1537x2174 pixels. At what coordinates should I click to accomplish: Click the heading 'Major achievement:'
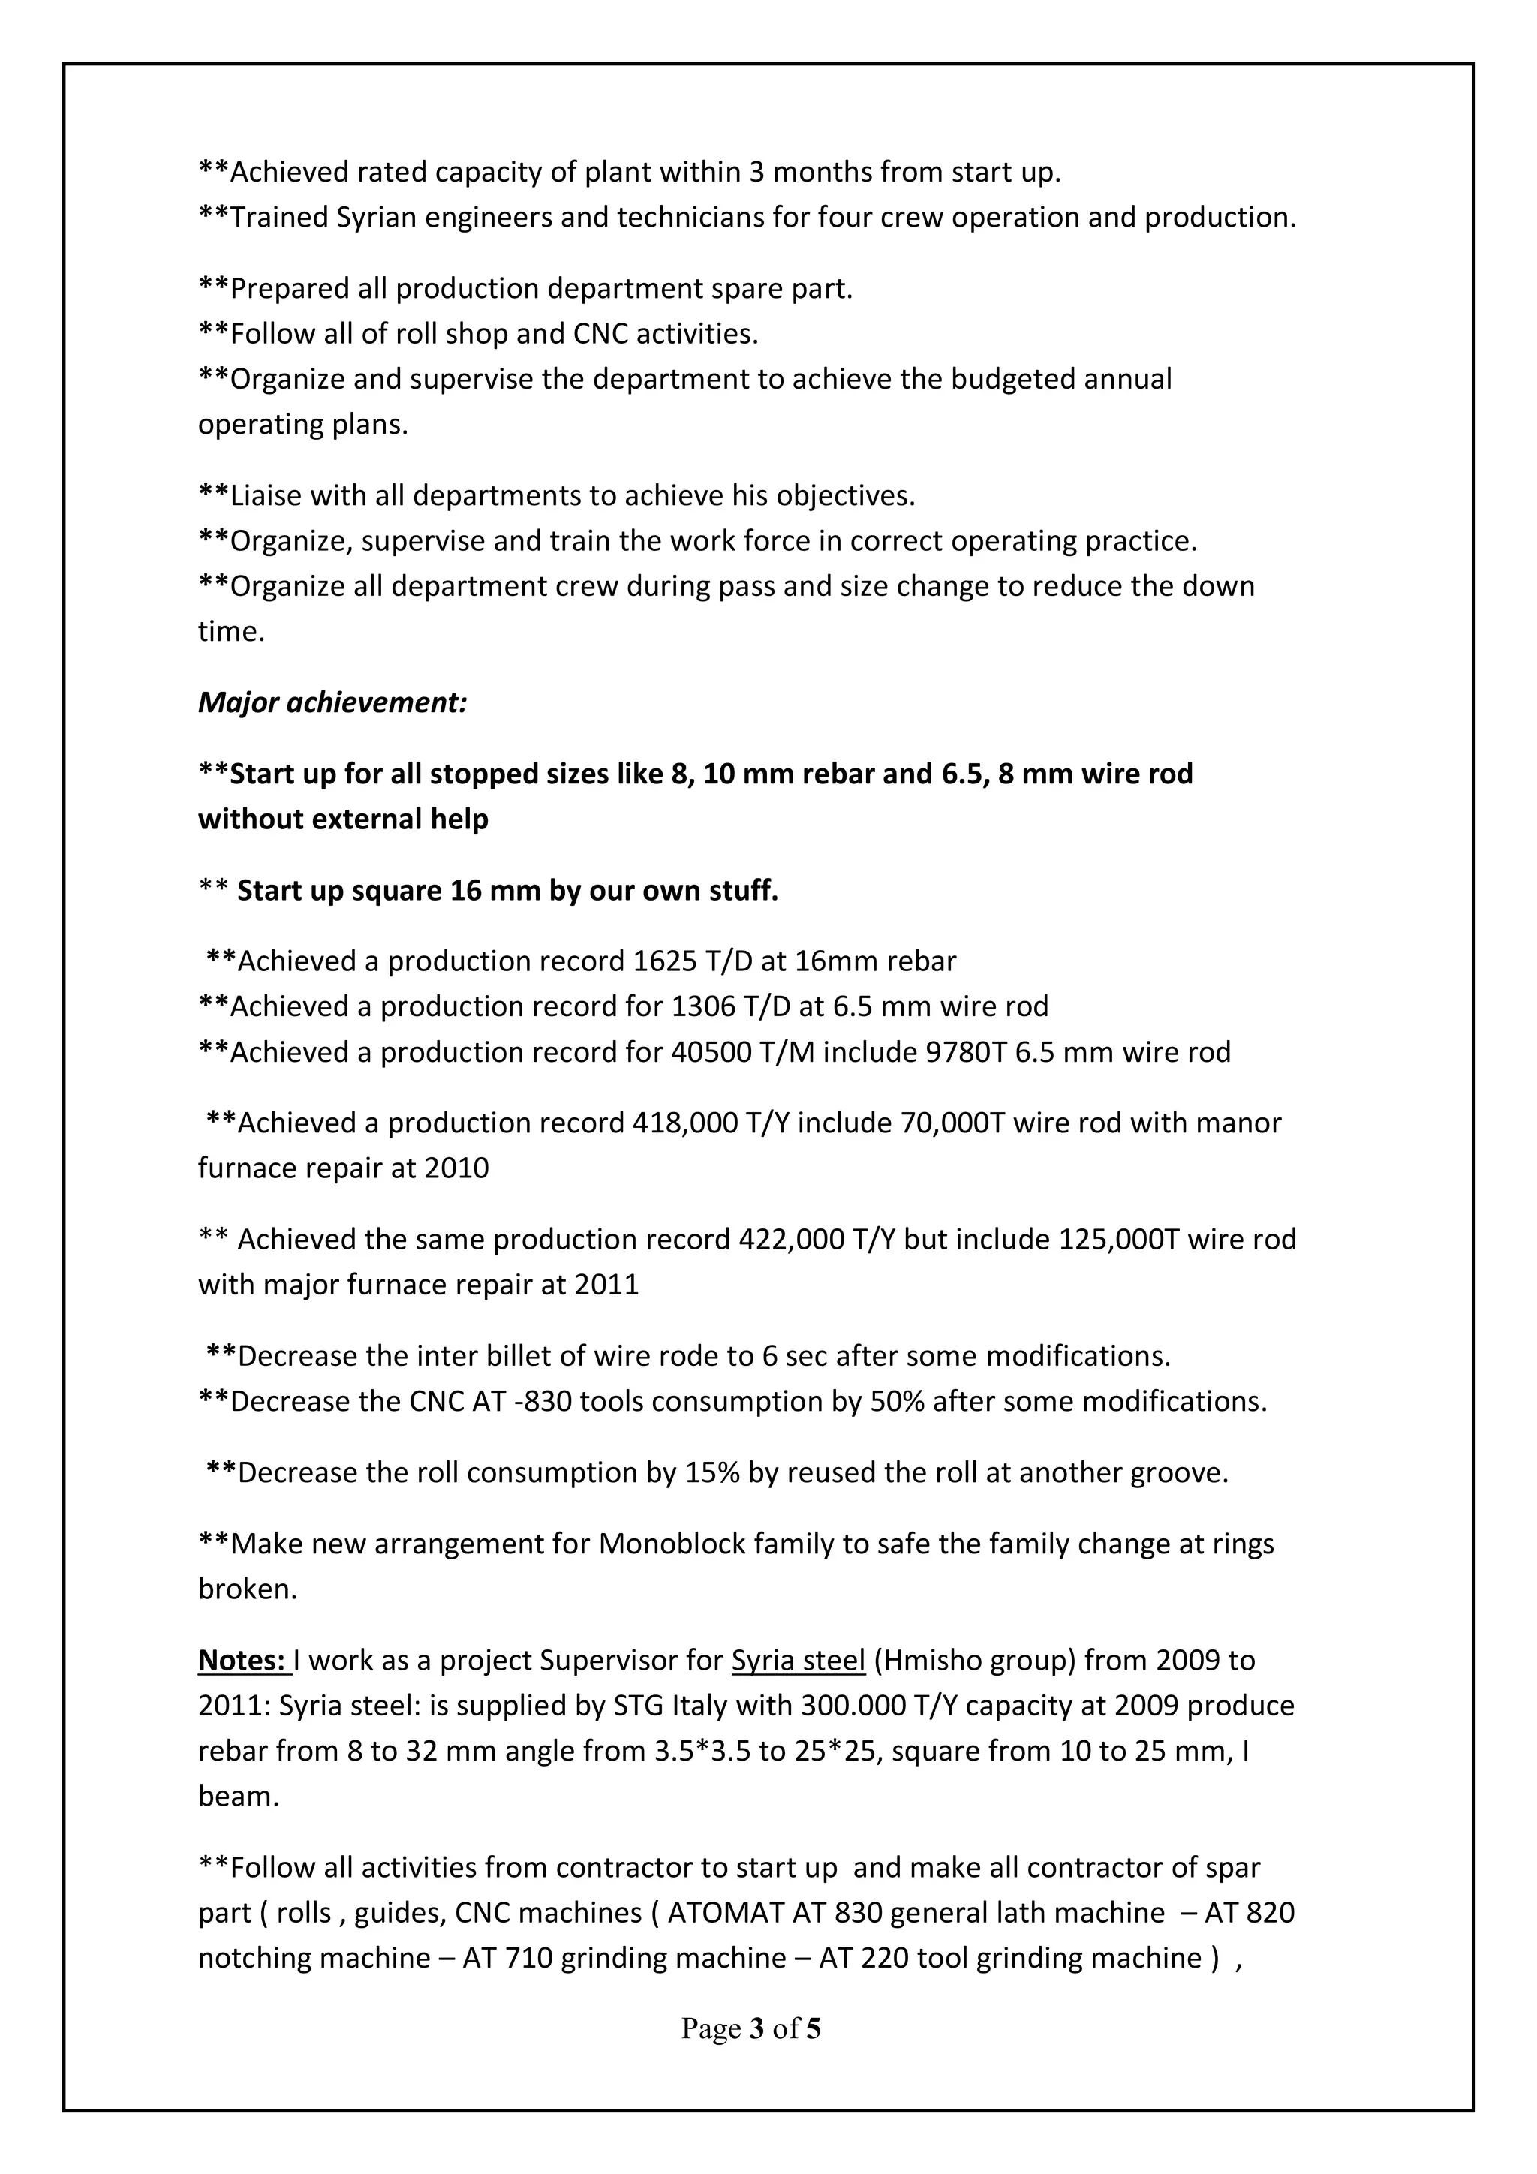coord(332,703)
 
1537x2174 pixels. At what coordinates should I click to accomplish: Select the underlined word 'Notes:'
coord(242,1661)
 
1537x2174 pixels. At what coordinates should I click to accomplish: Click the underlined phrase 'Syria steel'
coord(799,1661)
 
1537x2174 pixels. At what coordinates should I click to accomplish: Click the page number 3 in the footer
coord(756,2029)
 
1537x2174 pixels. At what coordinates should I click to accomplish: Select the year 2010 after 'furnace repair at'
coord(456,1168)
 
